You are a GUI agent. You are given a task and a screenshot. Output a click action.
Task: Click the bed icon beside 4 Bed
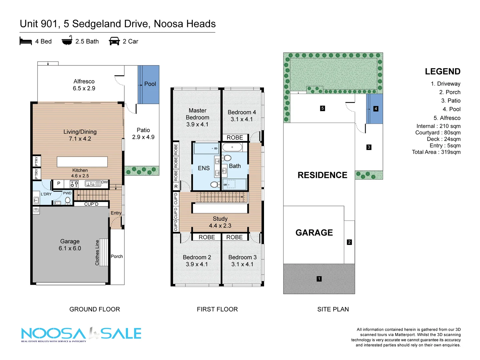(26, 41)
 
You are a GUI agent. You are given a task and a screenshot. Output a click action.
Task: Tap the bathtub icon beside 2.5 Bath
(67, 41)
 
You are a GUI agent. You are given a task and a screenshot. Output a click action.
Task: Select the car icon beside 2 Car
(114, 41)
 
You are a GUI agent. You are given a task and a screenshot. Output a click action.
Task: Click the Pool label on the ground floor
(150, 84)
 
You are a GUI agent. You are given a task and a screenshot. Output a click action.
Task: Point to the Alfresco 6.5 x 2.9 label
(84, 85)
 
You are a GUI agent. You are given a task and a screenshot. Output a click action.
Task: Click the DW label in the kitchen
(105, 182)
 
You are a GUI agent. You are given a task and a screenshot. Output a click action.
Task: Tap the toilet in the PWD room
(68, 200)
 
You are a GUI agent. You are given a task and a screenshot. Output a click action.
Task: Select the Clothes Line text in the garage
(97, 253)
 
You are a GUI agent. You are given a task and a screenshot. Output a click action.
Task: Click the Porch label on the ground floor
(117, 256)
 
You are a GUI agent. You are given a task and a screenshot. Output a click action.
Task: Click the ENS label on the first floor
(204, 168)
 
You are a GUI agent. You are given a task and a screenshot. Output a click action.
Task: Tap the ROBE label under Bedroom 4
(235, 138)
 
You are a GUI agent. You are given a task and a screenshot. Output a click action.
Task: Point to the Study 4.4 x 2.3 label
(220, 222)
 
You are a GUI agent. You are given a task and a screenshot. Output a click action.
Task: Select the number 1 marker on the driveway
(319, 279)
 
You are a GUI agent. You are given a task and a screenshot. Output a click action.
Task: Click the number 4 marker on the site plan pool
(376, 109)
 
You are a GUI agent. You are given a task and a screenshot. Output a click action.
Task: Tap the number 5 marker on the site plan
(322, 108)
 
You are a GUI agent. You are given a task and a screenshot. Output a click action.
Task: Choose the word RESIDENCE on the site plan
(322, 175)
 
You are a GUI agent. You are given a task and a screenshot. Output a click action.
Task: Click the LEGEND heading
(442, 72)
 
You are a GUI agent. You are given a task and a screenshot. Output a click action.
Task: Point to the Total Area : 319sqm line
(436, 152)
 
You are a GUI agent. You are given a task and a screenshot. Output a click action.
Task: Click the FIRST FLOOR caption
(217, 309)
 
